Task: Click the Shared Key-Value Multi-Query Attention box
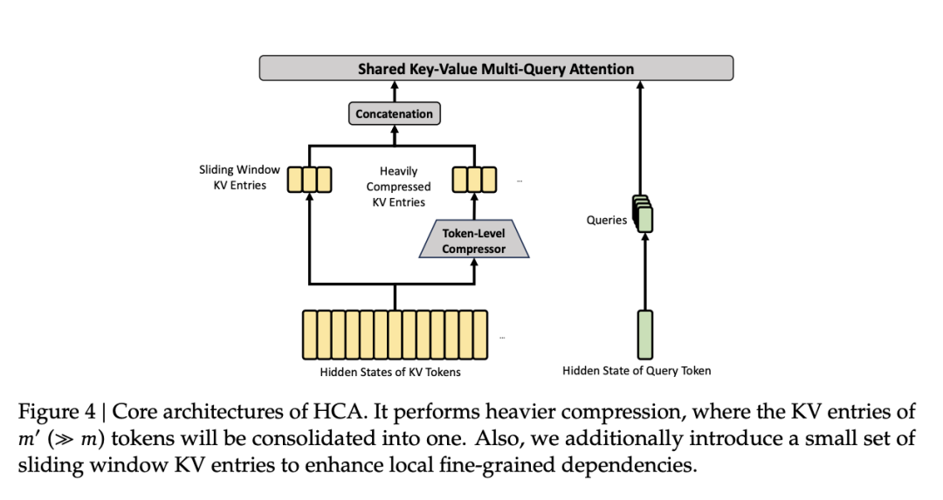coord(496,69)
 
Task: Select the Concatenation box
coord(394,113)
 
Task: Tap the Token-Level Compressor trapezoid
coord(473,241)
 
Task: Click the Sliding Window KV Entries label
coord(239,178)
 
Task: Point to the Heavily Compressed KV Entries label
coord(398,187)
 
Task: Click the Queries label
coord(606,220)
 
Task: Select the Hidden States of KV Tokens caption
coord(390,372)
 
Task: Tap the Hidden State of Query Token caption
coord(637,371)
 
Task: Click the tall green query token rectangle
coord(644,334)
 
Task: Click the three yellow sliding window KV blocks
coord(310,179)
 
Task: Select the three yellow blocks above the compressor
coord(473,179)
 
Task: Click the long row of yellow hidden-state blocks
coord(395,335)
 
